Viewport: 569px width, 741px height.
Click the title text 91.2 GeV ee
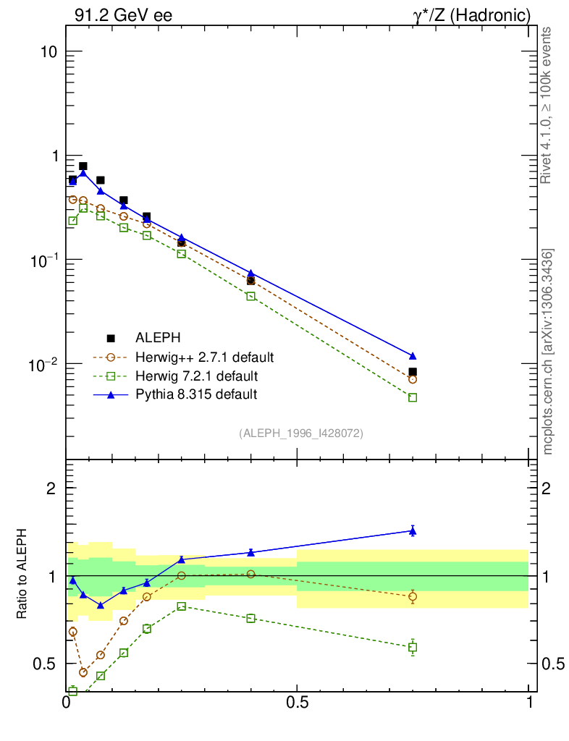(123, 15)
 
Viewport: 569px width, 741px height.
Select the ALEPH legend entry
(158, 338)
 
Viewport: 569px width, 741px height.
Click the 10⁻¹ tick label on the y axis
(45, 259)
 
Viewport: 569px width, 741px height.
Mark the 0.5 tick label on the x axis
(297, 702)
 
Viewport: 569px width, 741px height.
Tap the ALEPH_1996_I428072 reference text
(300, 433)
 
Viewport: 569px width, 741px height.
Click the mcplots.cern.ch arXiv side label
(548, 352)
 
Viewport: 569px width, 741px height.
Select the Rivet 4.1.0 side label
(548, 105)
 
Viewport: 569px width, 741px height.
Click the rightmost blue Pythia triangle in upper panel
(413, 356)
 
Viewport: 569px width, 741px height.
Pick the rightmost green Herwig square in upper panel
(413, 397)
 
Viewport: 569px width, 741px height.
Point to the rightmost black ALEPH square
(413, 372)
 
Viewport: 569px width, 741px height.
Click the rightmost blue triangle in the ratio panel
(413, 531)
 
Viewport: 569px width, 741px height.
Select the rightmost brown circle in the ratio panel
(413, 597)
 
